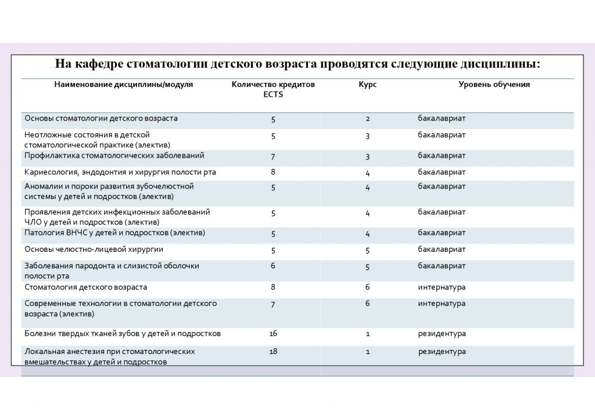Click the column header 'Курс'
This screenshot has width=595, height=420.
click(x=367, y=85)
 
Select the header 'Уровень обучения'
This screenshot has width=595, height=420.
click(x=494, y=85)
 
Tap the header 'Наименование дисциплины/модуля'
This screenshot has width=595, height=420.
click(x=123, y=85)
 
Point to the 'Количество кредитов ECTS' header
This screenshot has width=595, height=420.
click(x=273, y=89)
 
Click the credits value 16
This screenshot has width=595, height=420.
click(x=273, y=334)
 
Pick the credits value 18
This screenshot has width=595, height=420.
click(x=273, y=352)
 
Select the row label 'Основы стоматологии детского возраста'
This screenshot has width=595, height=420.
click(x=101, y=118)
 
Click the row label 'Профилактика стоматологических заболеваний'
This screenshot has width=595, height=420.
click(x=114, y=155)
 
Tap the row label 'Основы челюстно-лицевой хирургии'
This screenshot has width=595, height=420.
click(x=94, y=249)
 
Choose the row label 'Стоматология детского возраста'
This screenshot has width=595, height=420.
click(x=85, y=287)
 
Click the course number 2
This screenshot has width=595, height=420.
click(x=368, y=119)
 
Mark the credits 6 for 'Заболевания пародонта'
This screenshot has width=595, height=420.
click(x=273, y=266)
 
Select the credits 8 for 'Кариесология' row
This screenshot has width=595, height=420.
click(x=273, y=172)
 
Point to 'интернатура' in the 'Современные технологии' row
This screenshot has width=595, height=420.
click(x=442, y=303)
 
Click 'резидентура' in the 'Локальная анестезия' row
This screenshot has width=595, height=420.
click(x=442, y=352)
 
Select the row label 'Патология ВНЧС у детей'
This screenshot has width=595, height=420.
click(x=114, y=233)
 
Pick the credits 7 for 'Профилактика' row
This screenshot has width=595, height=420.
click(x=273, y=156)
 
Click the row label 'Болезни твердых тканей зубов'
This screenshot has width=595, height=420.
click(x=123, y=334)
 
